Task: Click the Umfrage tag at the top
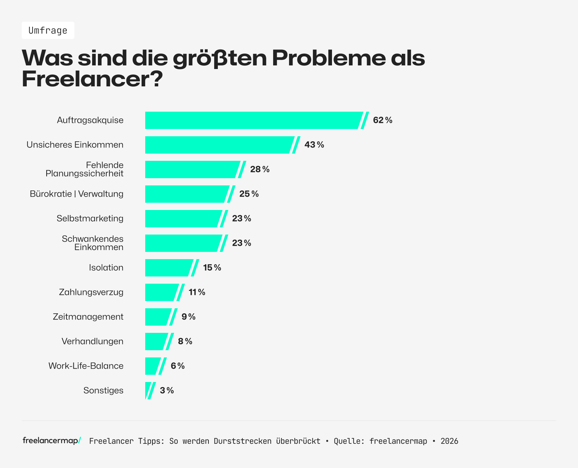(x=48, y=30)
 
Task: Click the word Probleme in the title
(x=328, y=58)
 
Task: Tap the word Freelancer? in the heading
(x=92, y=79)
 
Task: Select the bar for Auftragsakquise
(x=253, y=120)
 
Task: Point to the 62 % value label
(x=383, y=120)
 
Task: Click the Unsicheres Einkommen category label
(x=75, y=145)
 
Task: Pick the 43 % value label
(x=314, y=145)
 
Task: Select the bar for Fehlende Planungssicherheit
(x=191, y=169)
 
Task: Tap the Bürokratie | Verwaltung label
(x=77, y=194)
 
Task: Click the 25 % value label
(x=249, y=194)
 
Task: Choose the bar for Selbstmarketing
(x=183, y=219)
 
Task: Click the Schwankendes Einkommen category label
(x=92, y=243)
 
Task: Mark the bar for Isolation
(x=168, y=268)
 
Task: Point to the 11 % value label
(x=197, y=292)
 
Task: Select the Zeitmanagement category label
(x=88, y=317)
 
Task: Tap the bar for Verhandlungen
(x=156, y=342)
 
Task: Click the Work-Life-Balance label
(x=86, y=366)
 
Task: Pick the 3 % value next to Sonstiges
(x=167, y=391)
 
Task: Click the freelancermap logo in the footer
(x=52, y=441)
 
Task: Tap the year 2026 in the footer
(x=449, y=441)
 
